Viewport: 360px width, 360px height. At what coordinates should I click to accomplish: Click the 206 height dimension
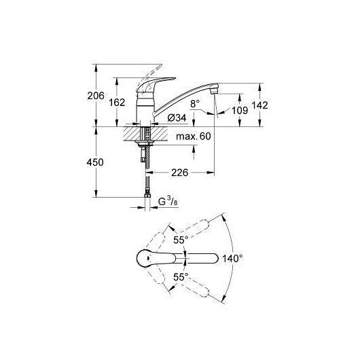click(96, 96)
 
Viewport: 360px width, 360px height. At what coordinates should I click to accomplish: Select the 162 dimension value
click(117, 103)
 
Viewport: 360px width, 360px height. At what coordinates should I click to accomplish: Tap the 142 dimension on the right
click(260, 105)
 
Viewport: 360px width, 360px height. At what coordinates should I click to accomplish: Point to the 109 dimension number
click(240, 111)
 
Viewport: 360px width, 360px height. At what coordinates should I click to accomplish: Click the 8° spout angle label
click(195, 104)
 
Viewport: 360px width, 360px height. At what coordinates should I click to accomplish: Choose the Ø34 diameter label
click(177, 118)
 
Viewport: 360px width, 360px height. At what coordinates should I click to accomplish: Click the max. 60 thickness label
click(194, 137)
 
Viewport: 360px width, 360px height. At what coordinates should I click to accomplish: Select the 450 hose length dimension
click(95, 162)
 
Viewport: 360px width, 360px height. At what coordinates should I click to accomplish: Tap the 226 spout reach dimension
click(180, 173)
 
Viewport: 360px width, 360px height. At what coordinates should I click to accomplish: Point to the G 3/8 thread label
click(168, 201)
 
